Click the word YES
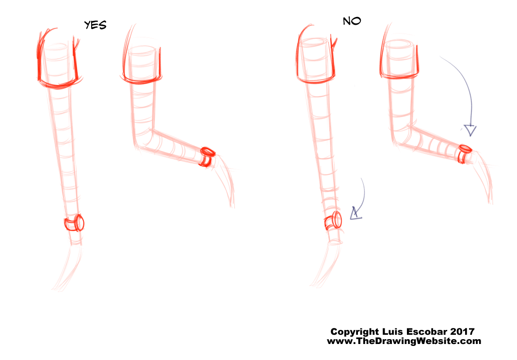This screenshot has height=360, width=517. [95, 25]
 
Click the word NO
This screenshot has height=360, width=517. [352, 21]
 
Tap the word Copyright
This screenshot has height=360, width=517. [355, 332]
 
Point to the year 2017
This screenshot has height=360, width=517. [462, 331]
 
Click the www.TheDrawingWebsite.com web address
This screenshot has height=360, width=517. [404, 341]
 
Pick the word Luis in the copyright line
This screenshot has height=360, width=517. [392, 331]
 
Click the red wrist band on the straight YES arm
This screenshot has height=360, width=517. [74, 223]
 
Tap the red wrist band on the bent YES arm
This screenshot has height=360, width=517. [207, 156]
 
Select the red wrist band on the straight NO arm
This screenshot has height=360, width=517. [333, 221]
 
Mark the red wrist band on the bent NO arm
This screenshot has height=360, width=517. [465, 153]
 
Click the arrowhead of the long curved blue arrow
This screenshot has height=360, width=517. [470, 130]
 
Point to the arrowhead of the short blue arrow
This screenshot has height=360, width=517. [355, 214]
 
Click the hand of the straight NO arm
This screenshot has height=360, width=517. [326, 264]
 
